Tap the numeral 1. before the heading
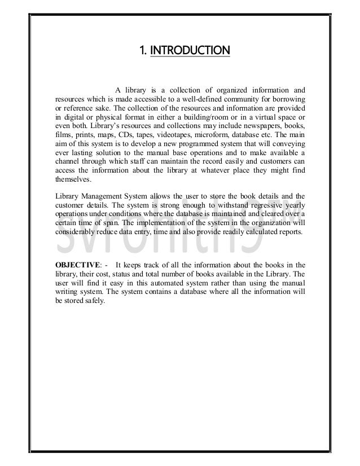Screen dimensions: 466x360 [143, 52]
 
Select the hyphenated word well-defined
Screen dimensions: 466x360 [188, 99]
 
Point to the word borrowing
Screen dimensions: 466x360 [288, 99]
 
